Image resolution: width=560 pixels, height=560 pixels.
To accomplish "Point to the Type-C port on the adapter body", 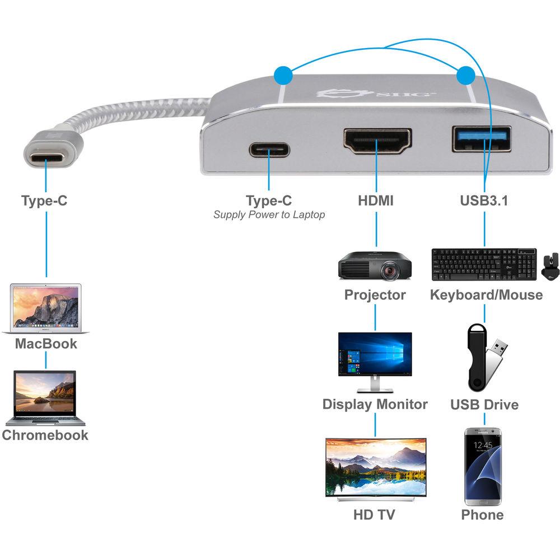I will (x=269, y=150).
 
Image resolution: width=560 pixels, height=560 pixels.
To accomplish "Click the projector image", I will (x=375, y=265).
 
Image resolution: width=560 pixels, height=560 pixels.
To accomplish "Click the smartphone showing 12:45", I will (x=483, y=466).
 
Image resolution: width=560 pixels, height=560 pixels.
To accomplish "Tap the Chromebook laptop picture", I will (x=45, y=398).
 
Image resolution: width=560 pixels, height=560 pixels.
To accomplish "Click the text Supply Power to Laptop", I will (x=269, y=214).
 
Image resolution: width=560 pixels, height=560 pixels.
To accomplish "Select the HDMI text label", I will (x=375, y=200).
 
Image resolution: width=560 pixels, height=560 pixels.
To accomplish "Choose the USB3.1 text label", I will (x=484, y=200).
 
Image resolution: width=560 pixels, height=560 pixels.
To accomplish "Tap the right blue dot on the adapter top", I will (x=465, y=74).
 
